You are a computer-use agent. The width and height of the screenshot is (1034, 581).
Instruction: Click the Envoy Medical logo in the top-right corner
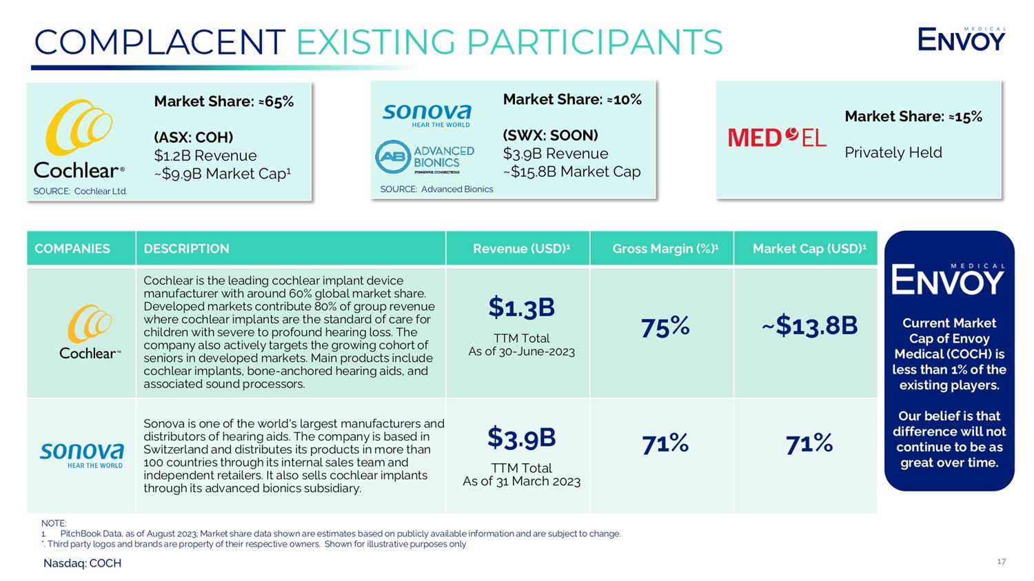tap(961, 39)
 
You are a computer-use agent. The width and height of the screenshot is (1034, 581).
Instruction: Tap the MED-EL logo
tap(777, 137)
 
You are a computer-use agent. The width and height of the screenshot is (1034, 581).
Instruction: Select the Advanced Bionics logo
tap(425, 158)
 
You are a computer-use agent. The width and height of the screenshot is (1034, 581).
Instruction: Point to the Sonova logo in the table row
tap(81, 455)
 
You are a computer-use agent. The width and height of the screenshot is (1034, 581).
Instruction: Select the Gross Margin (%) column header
tap(665, 249)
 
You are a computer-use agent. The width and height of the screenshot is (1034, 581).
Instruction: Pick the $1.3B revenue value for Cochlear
tap(521, 308)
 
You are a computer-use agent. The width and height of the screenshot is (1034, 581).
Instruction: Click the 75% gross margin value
tap(665, 327)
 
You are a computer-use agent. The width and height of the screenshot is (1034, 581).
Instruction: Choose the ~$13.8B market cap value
tap(809, 325)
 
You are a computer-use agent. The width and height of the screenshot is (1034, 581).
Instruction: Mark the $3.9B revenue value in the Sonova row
tap(521, 438)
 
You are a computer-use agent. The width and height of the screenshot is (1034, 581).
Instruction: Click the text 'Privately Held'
tap(893, 152)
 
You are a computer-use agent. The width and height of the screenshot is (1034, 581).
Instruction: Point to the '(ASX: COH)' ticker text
tap(193, 137)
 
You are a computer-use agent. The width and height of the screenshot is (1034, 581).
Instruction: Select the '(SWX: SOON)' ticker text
tap(550, 135)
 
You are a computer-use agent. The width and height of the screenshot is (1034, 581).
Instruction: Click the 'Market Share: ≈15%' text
tap(913, 116)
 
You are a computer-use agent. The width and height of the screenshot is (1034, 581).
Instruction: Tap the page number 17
tap(1001, 562)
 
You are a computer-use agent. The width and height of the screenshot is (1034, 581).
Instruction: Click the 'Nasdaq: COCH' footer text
tap(82, 563)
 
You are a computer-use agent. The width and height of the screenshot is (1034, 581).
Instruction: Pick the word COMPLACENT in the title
tap(159, 43)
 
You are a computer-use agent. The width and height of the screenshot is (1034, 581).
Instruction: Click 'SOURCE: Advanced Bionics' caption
tap(436, 189)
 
